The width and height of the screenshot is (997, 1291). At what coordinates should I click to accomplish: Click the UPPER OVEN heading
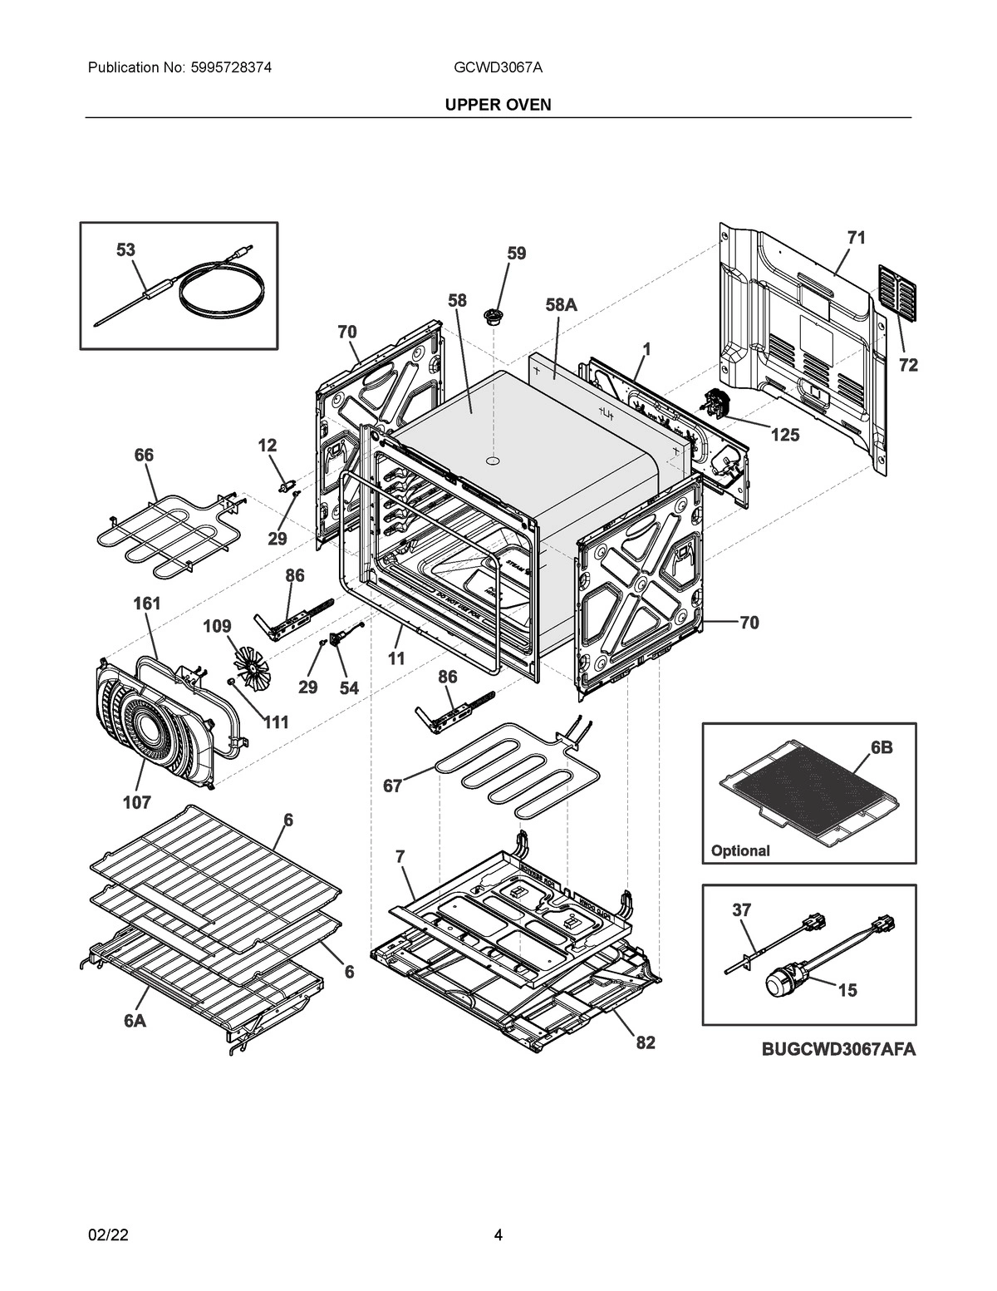pos(498,106)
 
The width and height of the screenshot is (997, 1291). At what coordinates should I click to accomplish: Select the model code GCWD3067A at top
pos(498,68)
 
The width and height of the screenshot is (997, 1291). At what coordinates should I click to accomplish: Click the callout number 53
pos(125,249)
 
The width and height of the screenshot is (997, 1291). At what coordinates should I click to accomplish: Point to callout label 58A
pos(561,305)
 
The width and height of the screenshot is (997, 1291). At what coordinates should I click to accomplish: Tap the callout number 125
pos(784,435)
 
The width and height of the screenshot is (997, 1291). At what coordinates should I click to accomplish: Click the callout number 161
pos(147,604)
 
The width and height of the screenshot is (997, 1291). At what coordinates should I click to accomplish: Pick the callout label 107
pos(137,802)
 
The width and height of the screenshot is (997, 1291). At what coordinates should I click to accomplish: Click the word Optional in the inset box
pos(740,850)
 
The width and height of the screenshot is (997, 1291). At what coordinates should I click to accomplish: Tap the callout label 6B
pos(882,747)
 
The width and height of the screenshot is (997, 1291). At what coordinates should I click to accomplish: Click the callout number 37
pos(741,910)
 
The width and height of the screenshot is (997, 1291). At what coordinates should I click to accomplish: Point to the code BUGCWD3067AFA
pos(838,1050)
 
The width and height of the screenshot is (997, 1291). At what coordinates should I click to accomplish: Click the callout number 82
pos(646,1042)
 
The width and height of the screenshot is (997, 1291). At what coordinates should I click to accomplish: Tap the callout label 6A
pos(135,1021)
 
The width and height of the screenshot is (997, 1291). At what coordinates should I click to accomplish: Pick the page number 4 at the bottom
pos(498,1234)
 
